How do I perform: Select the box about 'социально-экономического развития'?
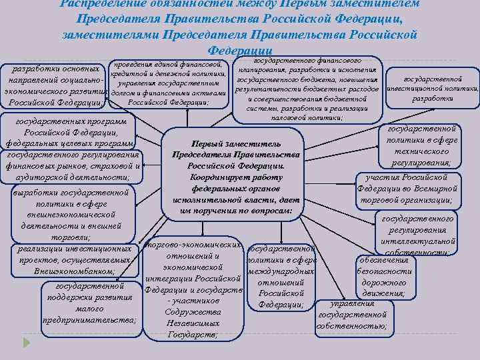click(x=53, y=86)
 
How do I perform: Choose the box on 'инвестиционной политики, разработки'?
click(x=433, y=83)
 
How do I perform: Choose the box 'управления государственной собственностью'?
click(x=351, y=315)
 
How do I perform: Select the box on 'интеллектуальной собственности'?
click(x=418, y=235)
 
